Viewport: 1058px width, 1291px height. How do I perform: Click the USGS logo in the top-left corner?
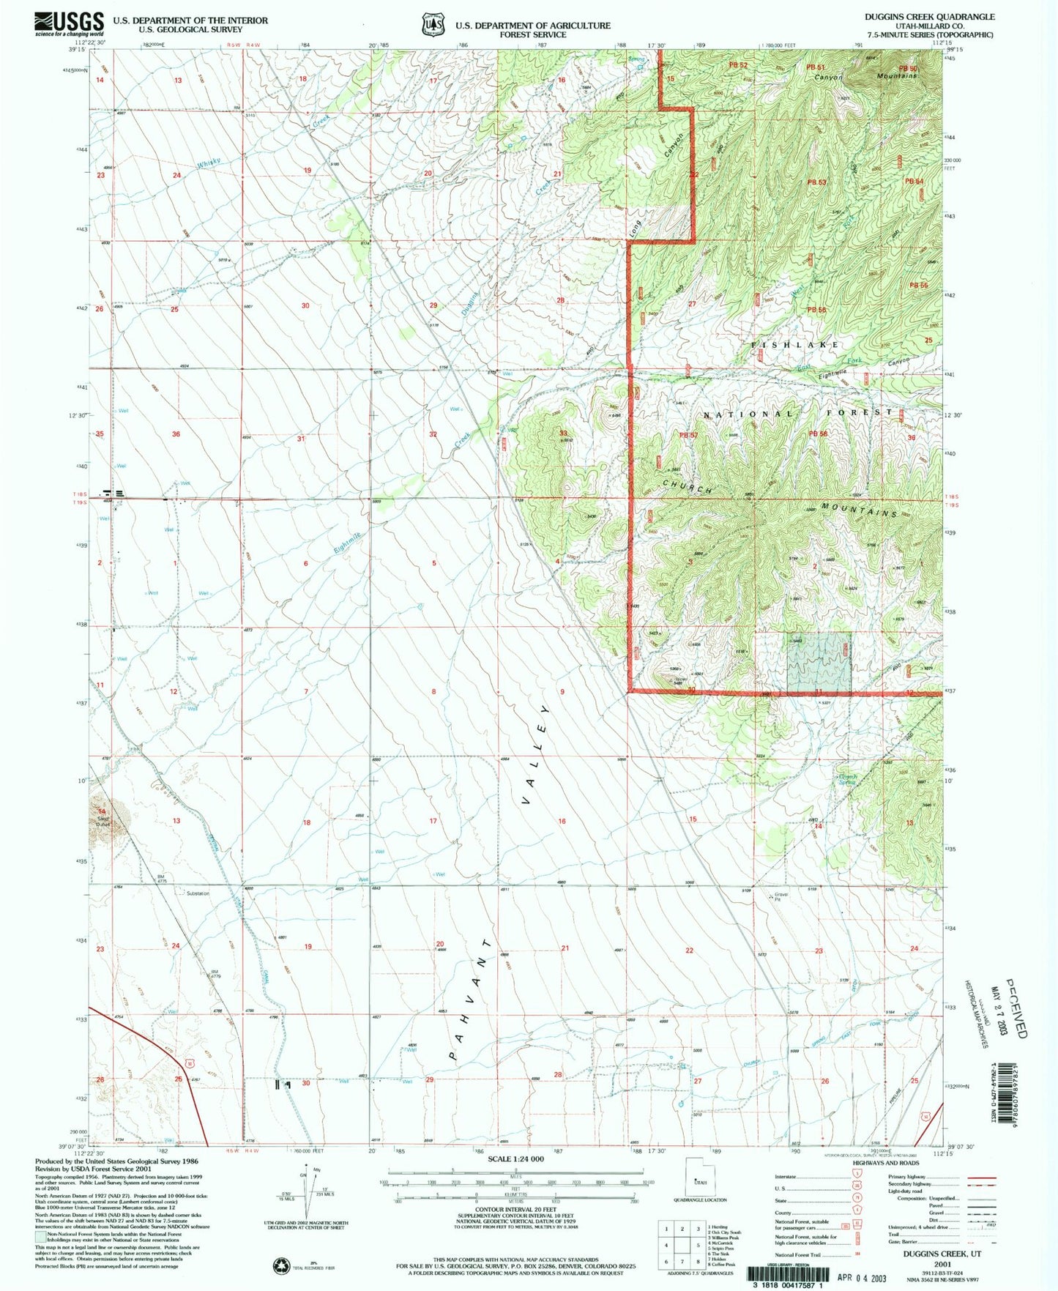coord(69,24)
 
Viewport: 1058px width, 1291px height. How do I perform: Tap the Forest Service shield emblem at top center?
coord(433,26)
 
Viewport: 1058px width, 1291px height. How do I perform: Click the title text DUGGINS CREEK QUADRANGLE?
coord(929,16)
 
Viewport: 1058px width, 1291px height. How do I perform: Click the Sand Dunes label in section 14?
coord(103,821)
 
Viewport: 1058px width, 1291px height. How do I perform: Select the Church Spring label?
coord(847,779)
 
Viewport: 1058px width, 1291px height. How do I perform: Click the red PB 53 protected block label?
coord(816,182)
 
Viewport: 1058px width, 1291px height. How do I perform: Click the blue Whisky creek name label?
coord(209,164)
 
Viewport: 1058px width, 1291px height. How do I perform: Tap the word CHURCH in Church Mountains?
coord(688,486)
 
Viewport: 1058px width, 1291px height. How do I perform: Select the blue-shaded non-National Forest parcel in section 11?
coord(819,663)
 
